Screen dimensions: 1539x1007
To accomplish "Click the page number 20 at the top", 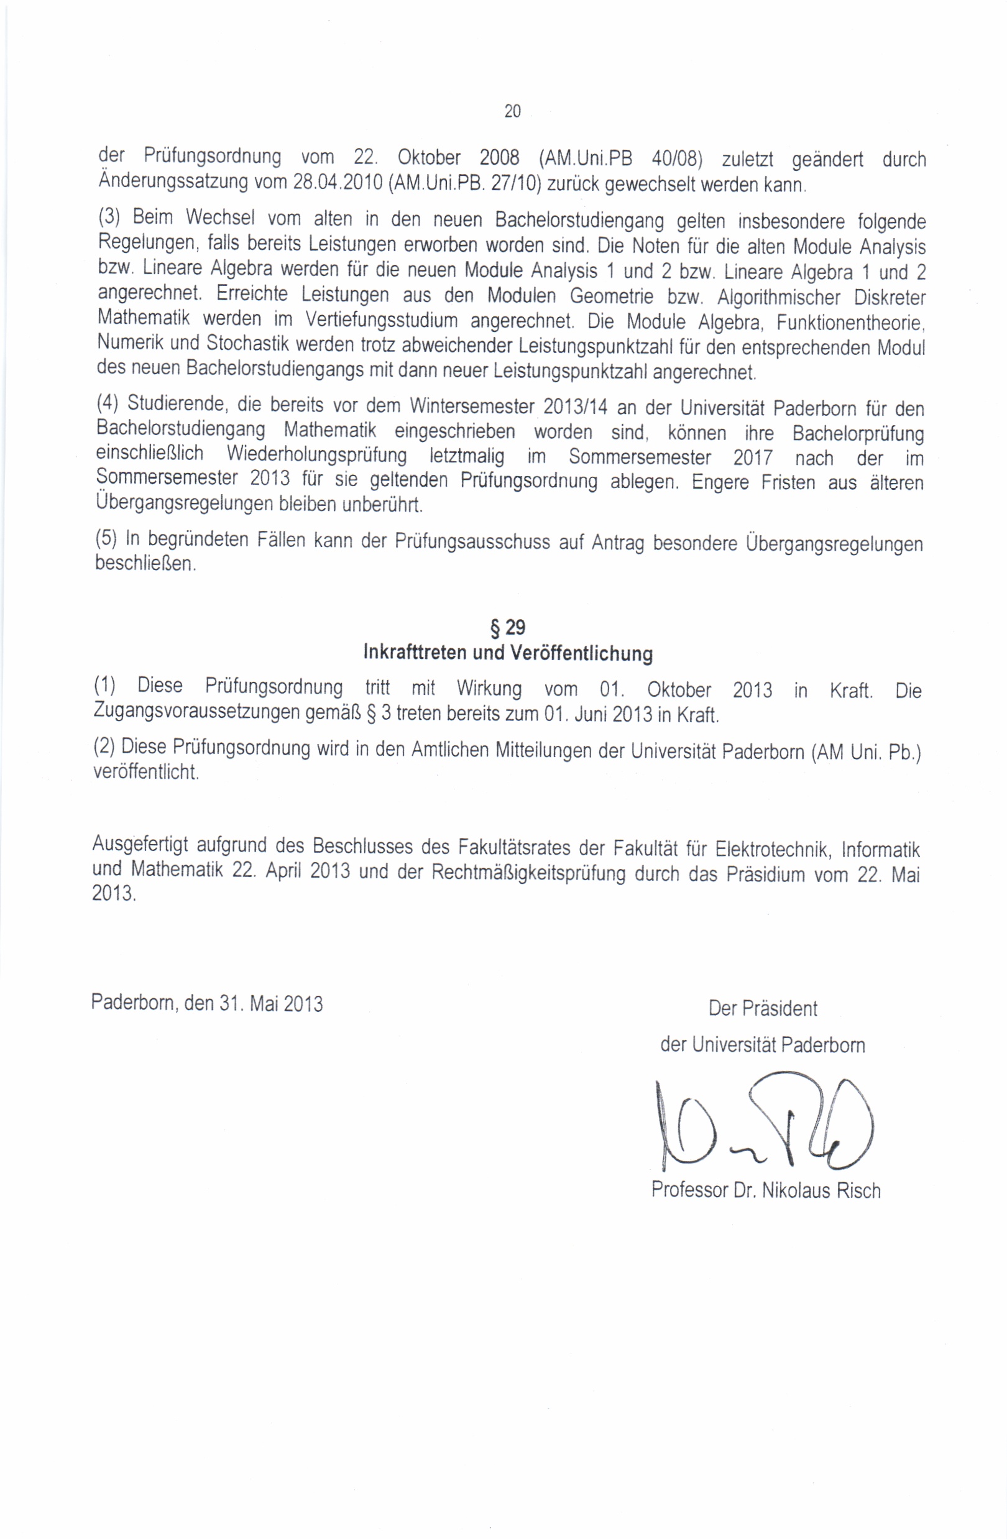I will click(x=512, y=112).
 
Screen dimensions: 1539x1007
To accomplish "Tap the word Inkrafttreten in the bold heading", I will click(x=415, y=652).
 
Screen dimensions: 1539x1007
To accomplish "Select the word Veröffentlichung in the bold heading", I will click(x=581, y=653).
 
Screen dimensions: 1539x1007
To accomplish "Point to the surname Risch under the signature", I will click(x=858, y=1190).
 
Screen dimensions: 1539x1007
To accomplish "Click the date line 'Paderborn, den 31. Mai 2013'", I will click(x=207, y=1004).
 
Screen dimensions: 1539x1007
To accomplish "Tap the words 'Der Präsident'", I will click(x=763, y=1009).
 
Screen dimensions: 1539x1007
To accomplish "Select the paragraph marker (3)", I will click(x=109, y=216).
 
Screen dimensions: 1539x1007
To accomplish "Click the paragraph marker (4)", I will click(x=108, y=403).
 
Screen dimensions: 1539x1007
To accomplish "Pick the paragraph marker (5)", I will click(x=107, y=539).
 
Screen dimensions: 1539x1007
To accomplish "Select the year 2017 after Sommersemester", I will click(x=752, y=458).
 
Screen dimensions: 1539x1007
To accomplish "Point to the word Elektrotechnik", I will click(x=772, y=848).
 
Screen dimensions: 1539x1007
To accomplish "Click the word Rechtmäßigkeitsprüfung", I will click(x=528, y=873).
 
